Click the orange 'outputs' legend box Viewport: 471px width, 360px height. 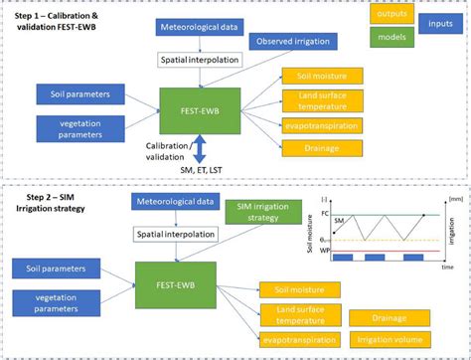coord(393,15)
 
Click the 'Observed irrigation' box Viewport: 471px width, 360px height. coord(290,42)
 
